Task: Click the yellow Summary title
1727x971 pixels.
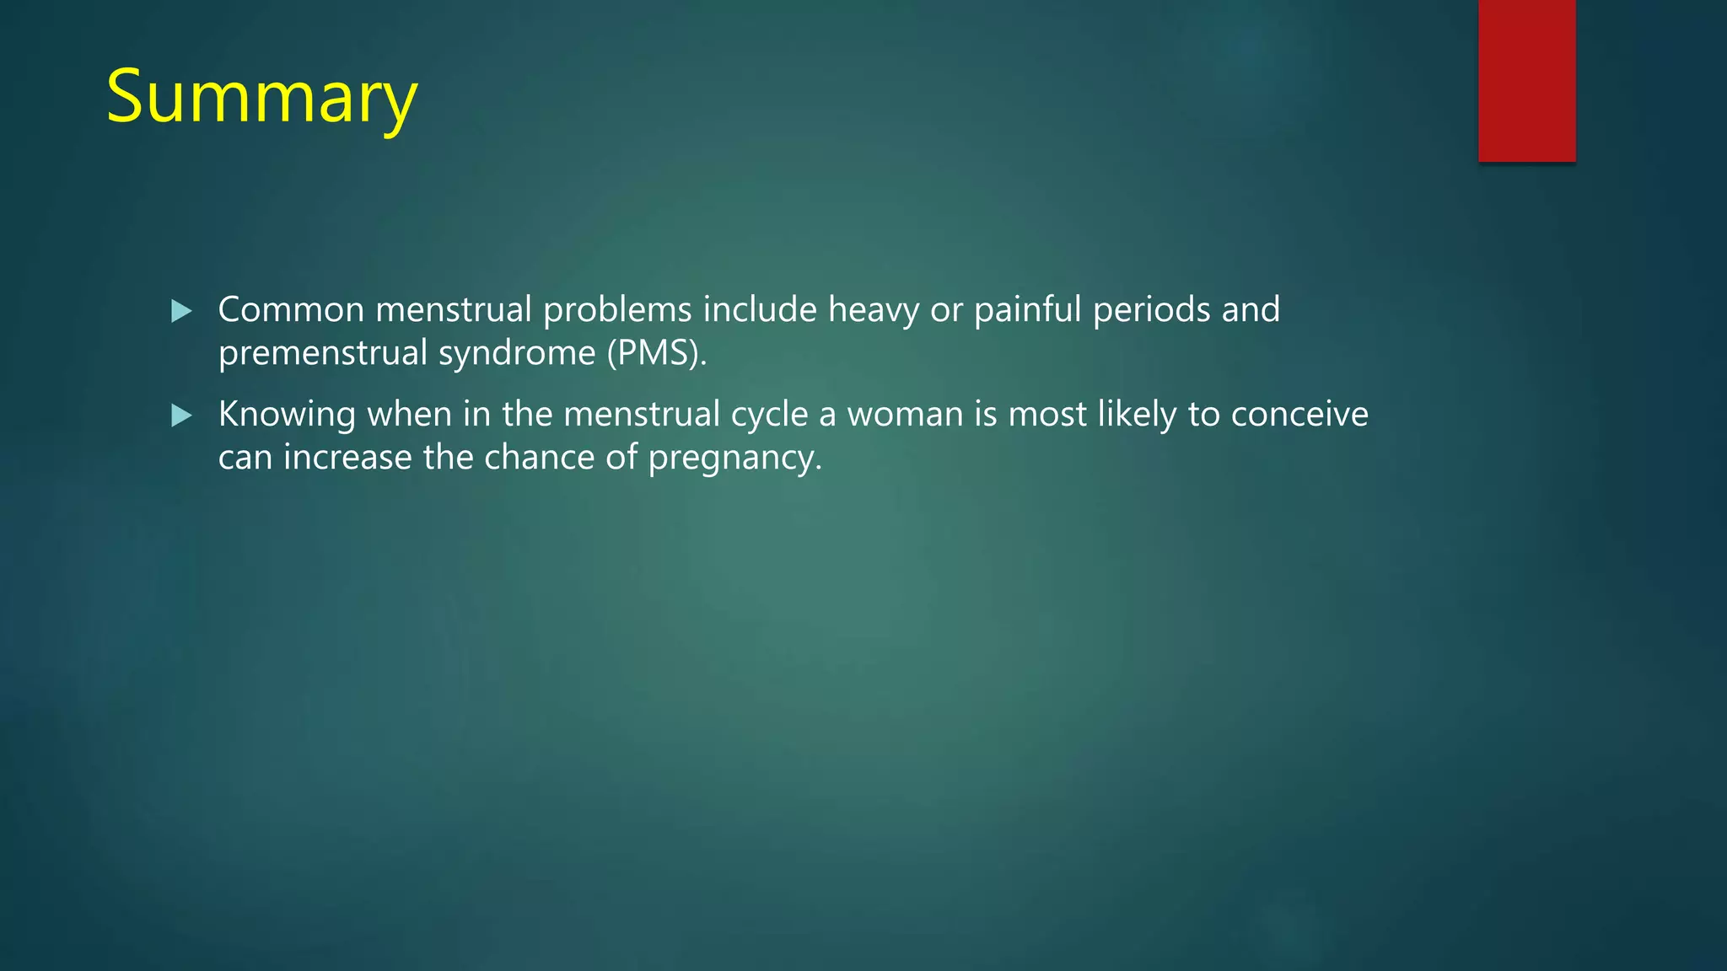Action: pyautogui.click(x=261, y=98)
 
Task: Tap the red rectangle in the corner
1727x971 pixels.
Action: pyautogui.click(x=1526, y=81)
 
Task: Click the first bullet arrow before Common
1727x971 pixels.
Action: pyautogui.click(x=181, y=312)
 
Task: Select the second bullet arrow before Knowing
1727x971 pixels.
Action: pyautogui.click(x=181, y=416)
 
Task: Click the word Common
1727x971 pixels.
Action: pyautogui.click(x=291, y=310)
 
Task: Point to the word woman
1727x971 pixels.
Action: pyautogui.click(x=905, y=415)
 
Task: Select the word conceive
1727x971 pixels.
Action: pyautogui.click(x=1299, y=415)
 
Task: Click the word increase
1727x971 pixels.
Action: pyautogui.click(x=347, y=458)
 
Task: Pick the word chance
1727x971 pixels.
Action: pyautogui.click(x=539, y=458)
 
